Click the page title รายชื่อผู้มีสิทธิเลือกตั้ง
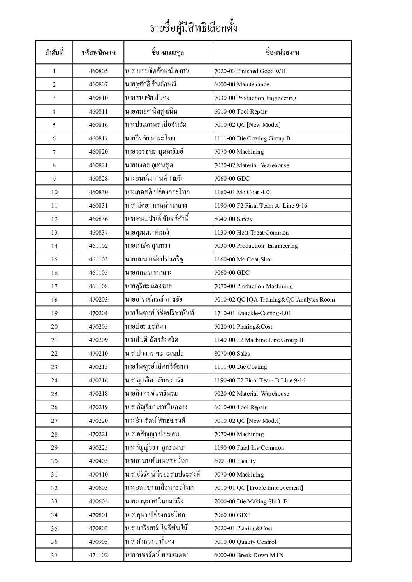point(194,28)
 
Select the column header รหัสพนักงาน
point(98,52)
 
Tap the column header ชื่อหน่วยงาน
point(282,52)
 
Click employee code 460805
point(98,71)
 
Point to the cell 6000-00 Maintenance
point(241,84)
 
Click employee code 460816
point(98,125)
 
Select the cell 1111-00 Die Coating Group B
point(252,138)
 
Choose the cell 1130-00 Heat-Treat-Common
point(251,233)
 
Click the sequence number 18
point(54,300)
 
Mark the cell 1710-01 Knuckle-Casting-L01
point(252,313)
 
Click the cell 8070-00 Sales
point(232,354)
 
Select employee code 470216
point(98,380)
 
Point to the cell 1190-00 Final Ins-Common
point(249,448)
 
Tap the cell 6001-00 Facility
point(235,461)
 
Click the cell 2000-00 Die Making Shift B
point(251,501)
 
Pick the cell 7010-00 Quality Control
point(245,542)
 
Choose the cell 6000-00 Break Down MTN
point(248,555)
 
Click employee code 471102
point(98,555)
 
